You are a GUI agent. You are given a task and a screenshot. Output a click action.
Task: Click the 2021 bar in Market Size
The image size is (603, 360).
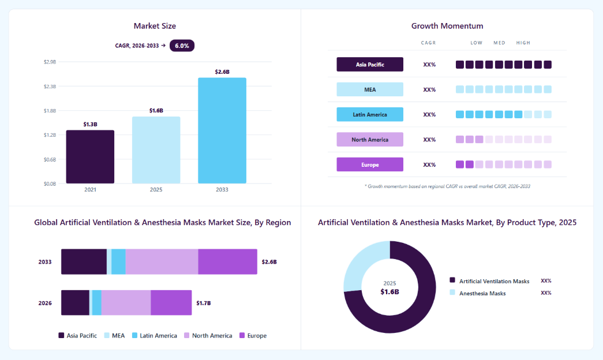(90, 157)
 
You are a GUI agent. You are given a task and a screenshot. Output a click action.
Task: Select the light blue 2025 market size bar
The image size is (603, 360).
(156, 150)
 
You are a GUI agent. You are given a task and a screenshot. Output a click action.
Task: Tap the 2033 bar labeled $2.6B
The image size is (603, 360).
(222, 131)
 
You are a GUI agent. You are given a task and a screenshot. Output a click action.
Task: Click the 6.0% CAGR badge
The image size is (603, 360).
(182, 46)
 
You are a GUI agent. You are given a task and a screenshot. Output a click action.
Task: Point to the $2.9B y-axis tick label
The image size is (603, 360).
(50, 62)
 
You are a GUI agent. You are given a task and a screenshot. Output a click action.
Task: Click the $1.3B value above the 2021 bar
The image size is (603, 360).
(91, 124)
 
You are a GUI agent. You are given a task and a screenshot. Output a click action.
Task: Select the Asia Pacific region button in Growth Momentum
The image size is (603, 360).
(370, 65)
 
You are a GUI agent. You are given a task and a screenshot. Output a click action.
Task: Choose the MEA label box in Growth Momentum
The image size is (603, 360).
(370, 89)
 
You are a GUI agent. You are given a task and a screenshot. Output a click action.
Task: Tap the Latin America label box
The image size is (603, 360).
(370, 115)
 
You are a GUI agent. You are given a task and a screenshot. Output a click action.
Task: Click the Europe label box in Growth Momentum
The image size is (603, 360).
(370, 164)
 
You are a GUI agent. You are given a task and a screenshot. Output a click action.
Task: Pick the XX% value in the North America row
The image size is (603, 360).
(429, 140)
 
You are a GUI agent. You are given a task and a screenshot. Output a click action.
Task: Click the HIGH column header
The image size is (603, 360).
(523, 43)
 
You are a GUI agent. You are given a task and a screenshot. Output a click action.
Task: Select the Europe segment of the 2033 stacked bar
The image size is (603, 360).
(228, 261)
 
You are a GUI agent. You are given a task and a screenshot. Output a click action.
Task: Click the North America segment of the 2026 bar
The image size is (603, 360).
(126, 303)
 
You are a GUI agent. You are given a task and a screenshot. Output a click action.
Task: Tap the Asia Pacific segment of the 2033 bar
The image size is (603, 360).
(84, 261)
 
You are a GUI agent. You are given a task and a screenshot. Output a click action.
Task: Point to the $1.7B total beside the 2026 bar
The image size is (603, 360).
(204, 303)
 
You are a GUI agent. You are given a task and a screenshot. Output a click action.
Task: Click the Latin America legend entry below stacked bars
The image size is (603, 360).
(155, 336)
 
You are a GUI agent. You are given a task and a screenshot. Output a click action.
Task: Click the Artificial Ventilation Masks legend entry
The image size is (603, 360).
(490, 281)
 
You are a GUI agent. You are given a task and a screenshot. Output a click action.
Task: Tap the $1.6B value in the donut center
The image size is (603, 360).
(389, 292)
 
